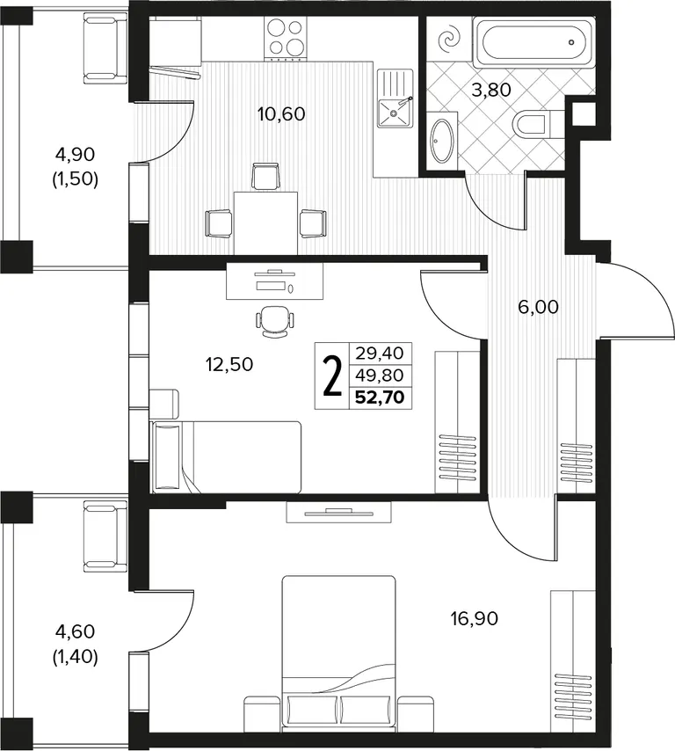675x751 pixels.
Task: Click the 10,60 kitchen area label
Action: coord(281,115)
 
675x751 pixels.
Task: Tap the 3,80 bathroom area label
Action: coord(491,90)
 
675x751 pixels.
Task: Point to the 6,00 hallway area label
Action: coord(538,307)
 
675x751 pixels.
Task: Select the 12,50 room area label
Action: coord(229,365)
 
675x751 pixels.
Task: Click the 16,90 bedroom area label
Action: coord(475,619)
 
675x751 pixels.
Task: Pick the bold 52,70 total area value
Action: coord(381,397)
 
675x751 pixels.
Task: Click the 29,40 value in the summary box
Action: coord(380,354)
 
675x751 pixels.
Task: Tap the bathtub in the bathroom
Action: coord(533,42)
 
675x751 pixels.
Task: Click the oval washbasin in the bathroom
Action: coord(442,140)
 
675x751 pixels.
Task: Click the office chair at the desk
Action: coord(275,321)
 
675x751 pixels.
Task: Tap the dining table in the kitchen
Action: coord(265,222)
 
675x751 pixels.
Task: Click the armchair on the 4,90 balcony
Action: coord(105,48)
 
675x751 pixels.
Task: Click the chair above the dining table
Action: coord(265,176)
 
